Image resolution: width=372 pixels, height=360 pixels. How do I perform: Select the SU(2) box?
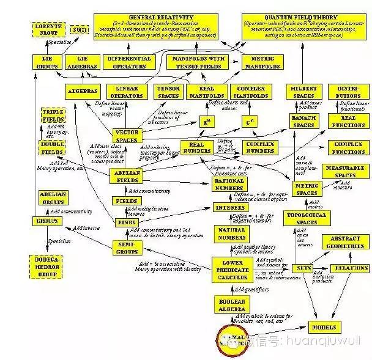[x=79, y=29]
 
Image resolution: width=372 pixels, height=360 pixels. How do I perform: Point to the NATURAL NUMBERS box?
[x=231, y=233]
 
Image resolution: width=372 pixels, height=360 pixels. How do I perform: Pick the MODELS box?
[x=322, y=327]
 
